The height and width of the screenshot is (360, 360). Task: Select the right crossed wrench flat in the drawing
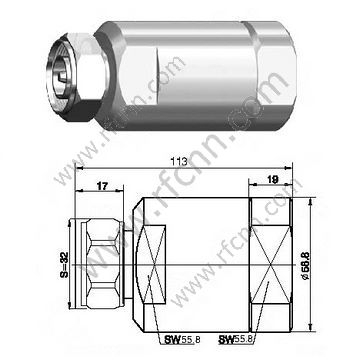click(289, 261)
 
